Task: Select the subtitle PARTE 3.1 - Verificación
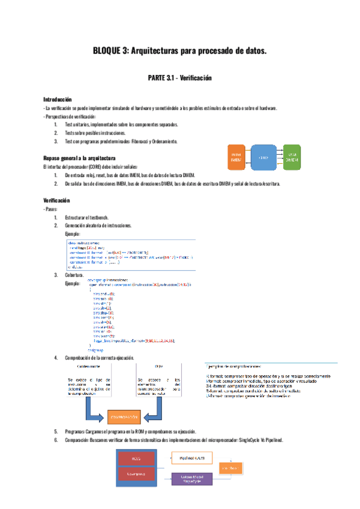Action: pyautogui.click(x=179, y=78)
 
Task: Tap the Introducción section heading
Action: pyautogui.click(x=58, y=99)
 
